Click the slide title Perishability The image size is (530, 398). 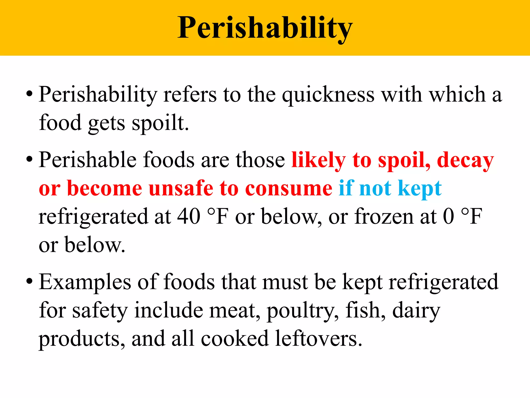click(x=265, y=28)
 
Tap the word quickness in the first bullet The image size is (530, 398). click(x=328, y=95)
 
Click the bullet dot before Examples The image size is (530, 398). click(x=29, y=281)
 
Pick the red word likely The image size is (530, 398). click(x=319, y=160)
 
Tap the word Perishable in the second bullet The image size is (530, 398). click(x=88, y=160)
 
